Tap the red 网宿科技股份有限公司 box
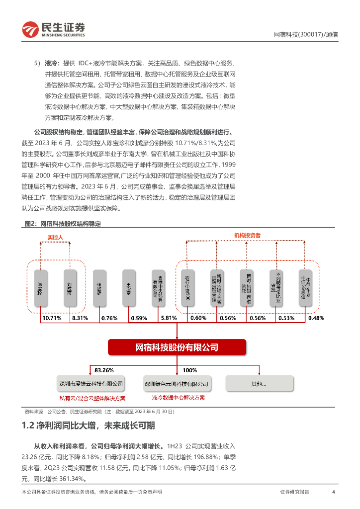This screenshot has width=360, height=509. coord(177,347)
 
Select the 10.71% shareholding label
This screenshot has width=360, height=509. coord(52,318)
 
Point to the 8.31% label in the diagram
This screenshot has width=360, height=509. coord(80,318)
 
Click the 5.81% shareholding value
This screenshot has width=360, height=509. coord(169,318)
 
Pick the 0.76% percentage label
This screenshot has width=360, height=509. coord(109,318)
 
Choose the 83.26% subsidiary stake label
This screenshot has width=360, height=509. coord(104,370)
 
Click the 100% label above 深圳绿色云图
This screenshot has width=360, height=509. coord(189,370)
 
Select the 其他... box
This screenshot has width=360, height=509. coord(259,384)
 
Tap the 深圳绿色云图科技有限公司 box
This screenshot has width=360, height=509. coord(177,384)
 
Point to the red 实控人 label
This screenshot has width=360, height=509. coord(55,237)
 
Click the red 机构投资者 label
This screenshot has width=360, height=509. coord(248,235)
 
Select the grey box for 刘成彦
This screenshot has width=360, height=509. coord(70,287)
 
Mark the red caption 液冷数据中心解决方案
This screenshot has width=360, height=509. coord(178,398)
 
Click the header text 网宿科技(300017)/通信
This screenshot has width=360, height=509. coord(306,35)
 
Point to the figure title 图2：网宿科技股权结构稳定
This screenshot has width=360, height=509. coord(63,224)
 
